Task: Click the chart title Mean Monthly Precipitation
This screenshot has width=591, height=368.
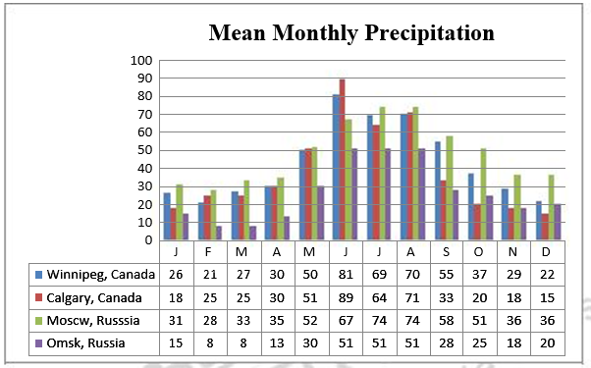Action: click(x=350, y=33)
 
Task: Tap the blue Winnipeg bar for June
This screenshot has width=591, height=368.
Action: click(x=335, y=168)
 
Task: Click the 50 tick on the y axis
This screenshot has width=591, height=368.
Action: click(x=143, y=150)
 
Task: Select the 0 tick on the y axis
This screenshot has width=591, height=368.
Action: click(x=147, y=240)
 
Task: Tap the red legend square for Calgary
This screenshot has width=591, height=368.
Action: click(x=37, y=297)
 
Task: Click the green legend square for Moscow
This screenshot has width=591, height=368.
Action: click(x=37, y=320)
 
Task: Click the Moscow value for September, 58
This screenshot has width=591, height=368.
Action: click(x=448, y=320)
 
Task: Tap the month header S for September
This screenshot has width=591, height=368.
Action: click(x=448, y=252)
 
